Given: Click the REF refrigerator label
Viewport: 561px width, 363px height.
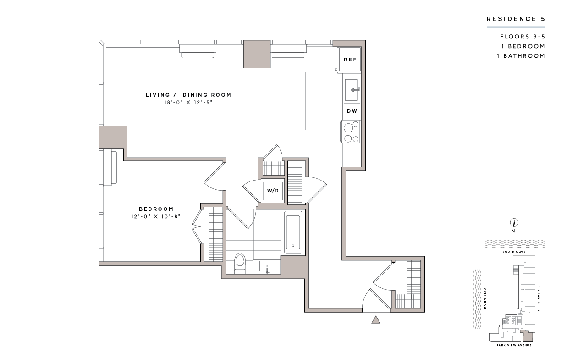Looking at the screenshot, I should click(x=350, y=60).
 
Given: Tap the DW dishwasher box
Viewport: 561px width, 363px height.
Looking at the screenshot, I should click(x=352, y=111).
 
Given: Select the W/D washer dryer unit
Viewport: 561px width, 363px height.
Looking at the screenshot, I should click(x=273, y=190).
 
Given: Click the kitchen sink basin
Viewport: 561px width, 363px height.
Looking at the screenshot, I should click(x=351, y=90).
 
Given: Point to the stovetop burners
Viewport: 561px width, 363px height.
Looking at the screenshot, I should click(x=352, y=132).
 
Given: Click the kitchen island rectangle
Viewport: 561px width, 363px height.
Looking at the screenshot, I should click(x=293, y=101).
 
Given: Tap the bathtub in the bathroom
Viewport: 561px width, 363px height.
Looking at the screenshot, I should click(x=293, y=232).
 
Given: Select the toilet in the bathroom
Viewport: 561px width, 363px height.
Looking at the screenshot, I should click(x=240, y=264).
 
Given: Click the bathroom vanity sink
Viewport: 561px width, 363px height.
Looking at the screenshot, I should click(x=267, y=266).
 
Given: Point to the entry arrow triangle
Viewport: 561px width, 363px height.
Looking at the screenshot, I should click(x=376, y=319).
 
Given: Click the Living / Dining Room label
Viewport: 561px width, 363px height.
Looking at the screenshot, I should click(x=188, y=95).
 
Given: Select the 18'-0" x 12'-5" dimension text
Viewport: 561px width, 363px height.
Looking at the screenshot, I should click(x=188, y=103).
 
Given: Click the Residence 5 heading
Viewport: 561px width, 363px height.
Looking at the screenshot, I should click(x=515, y=19).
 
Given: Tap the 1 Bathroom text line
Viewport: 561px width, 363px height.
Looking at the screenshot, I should click(x=522, y=56).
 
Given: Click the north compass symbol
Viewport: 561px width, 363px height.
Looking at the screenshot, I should click(x=514, y=223).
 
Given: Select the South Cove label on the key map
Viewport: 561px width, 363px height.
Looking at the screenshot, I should click(x=513, y=252).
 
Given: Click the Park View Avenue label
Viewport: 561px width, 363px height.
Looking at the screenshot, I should click(x=514, y=345).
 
